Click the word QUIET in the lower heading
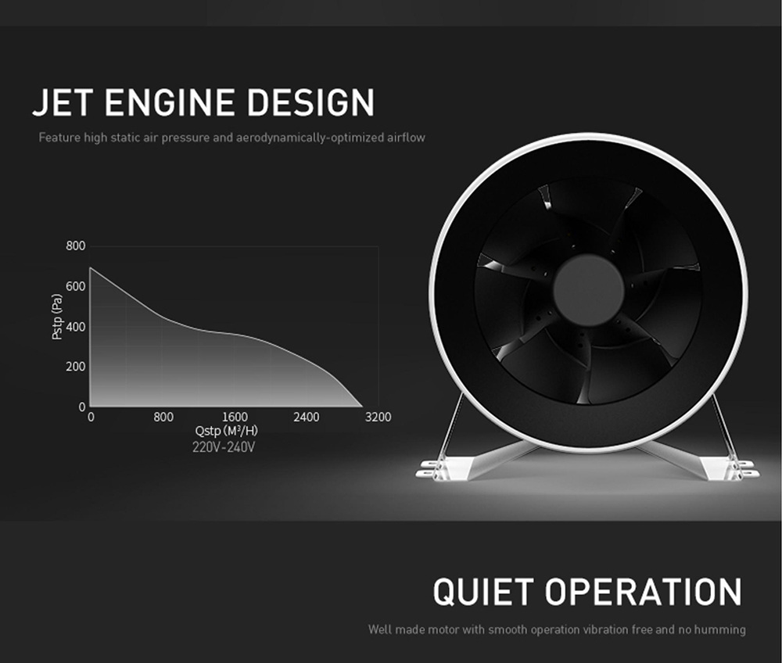point(482,592)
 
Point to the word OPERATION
point(643,592)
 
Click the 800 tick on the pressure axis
point(75,245)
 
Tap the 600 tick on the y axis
point(75,286)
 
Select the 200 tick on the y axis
point(75,367)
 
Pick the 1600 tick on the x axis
point(235,417)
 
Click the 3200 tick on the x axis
point(378,417)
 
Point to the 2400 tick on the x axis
point(307,417)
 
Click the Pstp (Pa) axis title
point(57,317)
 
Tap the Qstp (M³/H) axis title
point(227,431)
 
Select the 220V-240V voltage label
point(224,447)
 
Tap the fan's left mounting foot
point(444,469)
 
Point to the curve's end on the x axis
point(362,407)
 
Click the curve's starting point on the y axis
point(90,267)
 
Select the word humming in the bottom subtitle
point(719,629)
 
